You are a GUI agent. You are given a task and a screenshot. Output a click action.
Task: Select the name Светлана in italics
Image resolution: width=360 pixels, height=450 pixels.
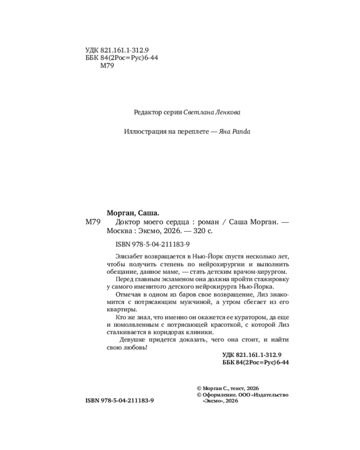pos(199,112)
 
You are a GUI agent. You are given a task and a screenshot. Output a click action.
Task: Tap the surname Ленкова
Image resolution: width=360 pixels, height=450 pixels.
pos(230,112)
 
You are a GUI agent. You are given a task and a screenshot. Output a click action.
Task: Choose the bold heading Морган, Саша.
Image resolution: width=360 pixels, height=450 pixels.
pos(134,213)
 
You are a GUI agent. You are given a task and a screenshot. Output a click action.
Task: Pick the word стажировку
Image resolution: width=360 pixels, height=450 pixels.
pos(269,279)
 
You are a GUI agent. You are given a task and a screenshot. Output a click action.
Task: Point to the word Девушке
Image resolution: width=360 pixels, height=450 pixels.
pos(134,341)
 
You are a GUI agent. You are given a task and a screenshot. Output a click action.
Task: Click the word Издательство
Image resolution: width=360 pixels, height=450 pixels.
pos(271,395)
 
